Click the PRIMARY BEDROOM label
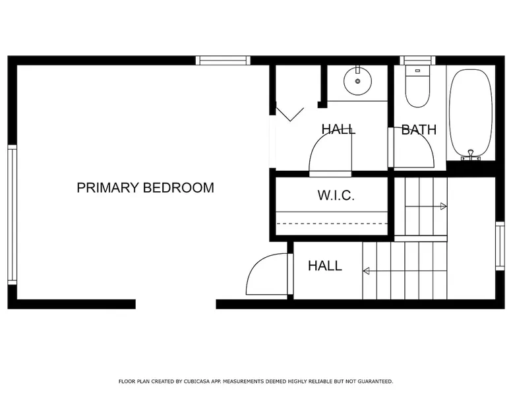pyautogui.click(x=145, y=188)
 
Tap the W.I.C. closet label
pyautogui.click(x=336, y=195)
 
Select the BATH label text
pyautogui.click(x=419, y=130)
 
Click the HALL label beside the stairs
pyautogui.click(x=325, y=266)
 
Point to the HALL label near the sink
pyautogui.click(x=338, y=129)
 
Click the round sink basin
pyautogui.click(x=357, y=81)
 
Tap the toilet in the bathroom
pyautogui.click(x=417, y=86)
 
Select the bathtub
pyautogui.click(x=471, y=115)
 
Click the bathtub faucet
pyautogui.click(x=471, y=155)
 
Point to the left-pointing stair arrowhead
pyautogui.click(x=366, y=271)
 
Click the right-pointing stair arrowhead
pyautogui.click(x=444, y=206)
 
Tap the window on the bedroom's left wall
pyautogui.click(x=12, y=215)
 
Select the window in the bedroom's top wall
pyautogui.click(x=223, y=61)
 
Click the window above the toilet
pyautogui.click(x=417, y=61)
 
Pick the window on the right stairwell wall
pyautogui.click(x=500, y=246)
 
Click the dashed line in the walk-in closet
pyautogui.click(x=332, y=224)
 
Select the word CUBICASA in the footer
pyautogui.click(x=197, y=381)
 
